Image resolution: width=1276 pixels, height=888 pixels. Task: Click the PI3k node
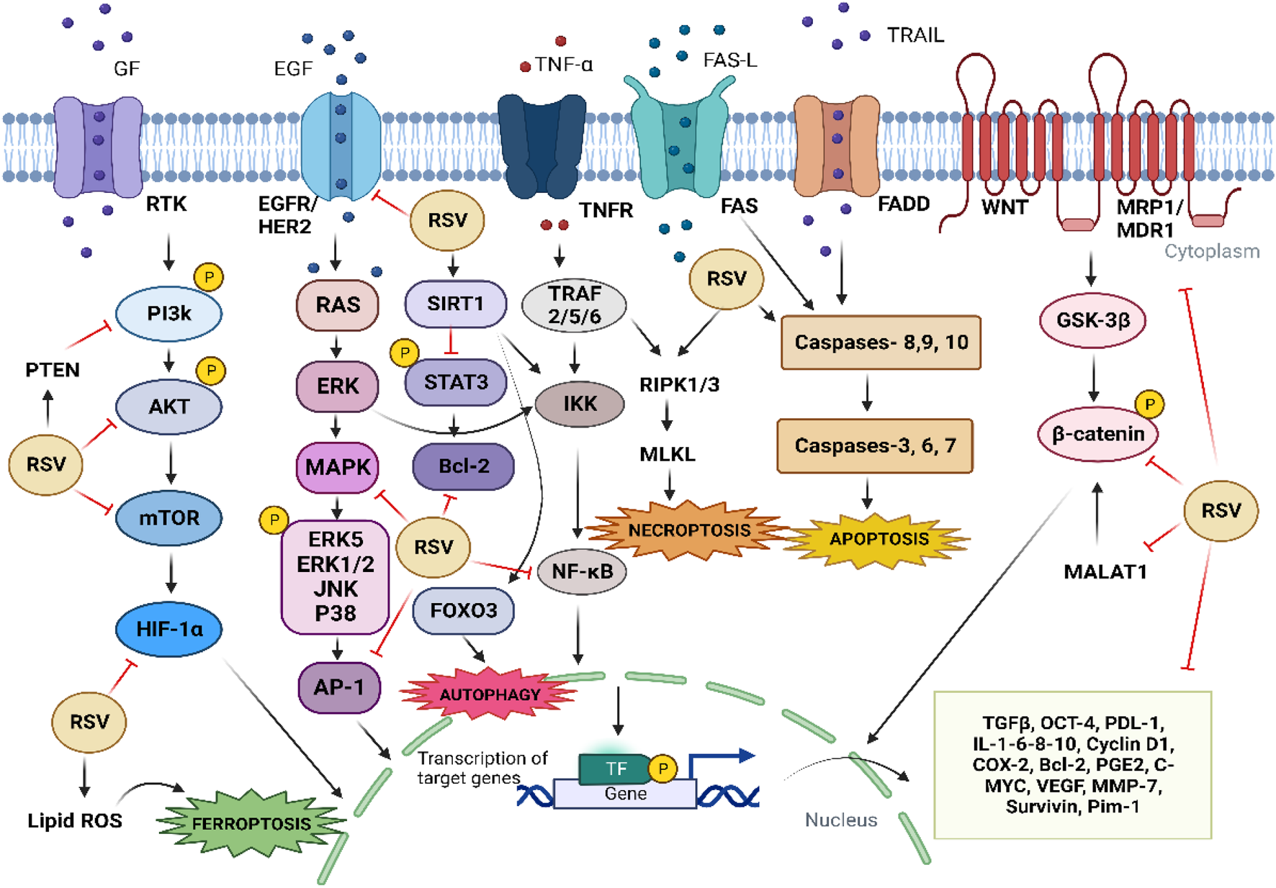click(x=169, y=314)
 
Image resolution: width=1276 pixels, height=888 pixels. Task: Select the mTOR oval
click(x=169, y=517)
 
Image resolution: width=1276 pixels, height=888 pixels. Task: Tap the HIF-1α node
click(x=169, y=630)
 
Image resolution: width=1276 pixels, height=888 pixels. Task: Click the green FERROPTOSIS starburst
click(x=251, y=823)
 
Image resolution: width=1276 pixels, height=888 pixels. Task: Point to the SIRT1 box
click(x=455, y=304)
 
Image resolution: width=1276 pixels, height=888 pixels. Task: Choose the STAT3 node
click(x=455, y=382)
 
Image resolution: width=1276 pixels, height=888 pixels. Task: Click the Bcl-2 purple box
click(x=463, y=466)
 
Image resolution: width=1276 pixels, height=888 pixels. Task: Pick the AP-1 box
click(x=338, y=687)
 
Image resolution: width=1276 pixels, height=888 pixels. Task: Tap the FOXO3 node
click(x=463, y=611)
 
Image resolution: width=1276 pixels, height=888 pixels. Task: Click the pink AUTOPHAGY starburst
click(x=490, y=694)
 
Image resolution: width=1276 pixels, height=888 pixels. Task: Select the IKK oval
click(x=580, y=404)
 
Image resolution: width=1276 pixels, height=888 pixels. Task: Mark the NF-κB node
click(x=582, y=572)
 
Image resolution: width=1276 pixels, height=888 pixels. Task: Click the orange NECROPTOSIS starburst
click(x=688, y=530)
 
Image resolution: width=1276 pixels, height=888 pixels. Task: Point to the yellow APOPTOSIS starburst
click(x=879, y=539)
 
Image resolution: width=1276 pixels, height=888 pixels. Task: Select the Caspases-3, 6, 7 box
click(x=875, y=446)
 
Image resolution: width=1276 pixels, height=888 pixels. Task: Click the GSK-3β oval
click(x=1092, y=320)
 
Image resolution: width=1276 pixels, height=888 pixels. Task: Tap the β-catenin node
click(x=1097, y=434)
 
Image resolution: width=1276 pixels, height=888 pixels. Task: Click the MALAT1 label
click(x=1105, y=572)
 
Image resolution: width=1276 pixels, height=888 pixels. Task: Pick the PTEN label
click(x=52, y=370)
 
